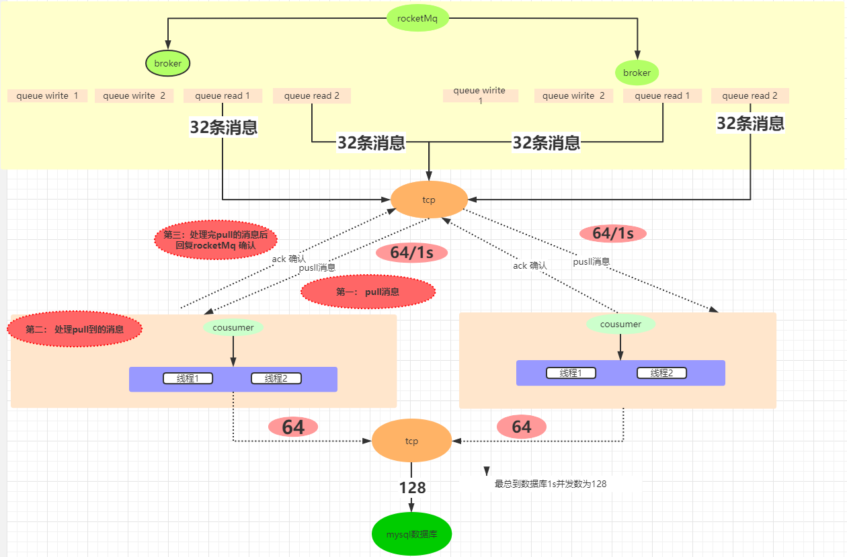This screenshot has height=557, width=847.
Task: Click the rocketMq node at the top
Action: coord(417,18)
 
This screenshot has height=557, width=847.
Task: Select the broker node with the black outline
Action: coord(168,64)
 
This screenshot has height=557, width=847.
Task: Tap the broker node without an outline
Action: coord(637,73)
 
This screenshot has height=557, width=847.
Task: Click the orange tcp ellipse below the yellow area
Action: coord(429,200)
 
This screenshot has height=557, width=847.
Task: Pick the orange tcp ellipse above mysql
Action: coord(411,441)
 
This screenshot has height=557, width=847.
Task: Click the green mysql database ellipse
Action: coord(411,534)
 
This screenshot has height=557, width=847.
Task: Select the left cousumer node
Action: coord(233,327)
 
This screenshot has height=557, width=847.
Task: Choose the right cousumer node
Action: coord(620,324)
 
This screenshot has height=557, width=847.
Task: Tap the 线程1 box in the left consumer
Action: coord(188,378)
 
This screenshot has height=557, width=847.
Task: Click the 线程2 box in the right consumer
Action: coord(661,373)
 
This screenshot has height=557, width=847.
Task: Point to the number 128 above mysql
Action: coord(412,488)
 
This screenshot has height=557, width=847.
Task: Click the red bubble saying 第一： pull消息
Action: coord(368,292)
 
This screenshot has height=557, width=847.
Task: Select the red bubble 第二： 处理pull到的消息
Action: coord(75,329)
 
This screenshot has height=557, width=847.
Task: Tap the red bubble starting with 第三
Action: coord(215,240)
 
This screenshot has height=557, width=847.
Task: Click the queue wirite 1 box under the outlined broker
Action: coord(47,95)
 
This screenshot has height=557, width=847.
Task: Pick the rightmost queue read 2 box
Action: coord(750,95)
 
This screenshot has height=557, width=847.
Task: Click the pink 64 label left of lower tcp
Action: coord(293,427)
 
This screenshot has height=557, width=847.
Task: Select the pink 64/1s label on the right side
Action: coord(613,233)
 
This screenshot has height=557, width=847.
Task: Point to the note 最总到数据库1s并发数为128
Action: coord(551,483)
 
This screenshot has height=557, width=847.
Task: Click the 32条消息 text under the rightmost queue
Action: coord(750,123)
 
